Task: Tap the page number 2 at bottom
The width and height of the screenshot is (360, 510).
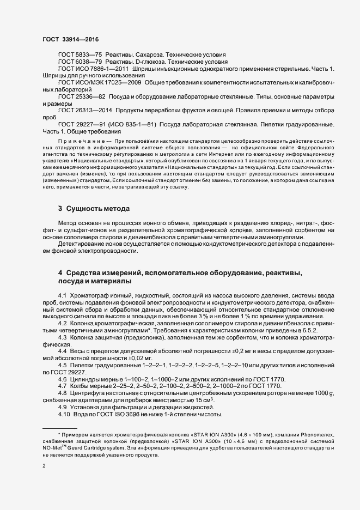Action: pos(44,466)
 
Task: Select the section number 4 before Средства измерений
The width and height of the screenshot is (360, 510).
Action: pos(60,272)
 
